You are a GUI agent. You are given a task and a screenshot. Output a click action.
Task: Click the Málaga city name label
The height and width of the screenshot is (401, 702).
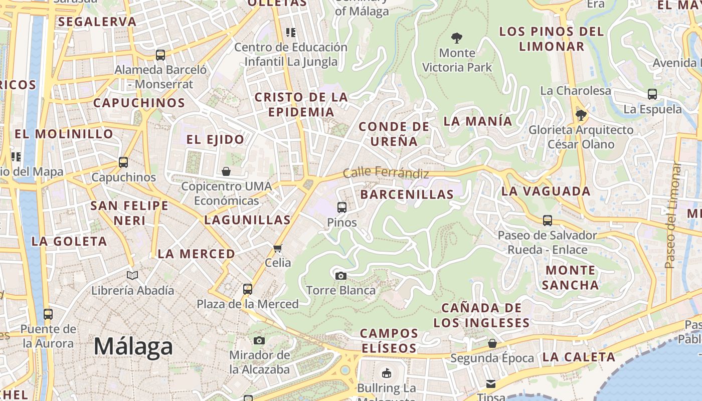pyautogui.click(x=133, y=346)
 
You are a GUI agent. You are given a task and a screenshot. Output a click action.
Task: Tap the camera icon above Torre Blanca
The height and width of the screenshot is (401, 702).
pyautogui.click(x=340, y=276)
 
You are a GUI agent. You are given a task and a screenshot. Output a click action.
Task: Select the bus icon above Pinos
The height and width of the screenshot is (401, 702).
pyautogui.click(x=342, y=207)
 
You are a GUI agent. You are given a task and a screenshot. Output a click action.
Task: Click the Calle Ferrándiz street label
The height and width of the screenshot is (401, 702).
pyautogui.click(x=386, y=173)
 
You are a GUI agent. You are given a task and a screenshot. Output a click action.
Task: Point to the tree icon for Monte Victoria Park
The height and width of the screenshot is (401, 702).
pyautogui.click(x=456, y=38)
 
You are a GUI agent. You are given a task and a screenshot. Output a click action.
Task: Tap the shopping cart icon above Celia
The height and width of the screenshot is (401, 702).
pyautogui.click(x=278, y=248)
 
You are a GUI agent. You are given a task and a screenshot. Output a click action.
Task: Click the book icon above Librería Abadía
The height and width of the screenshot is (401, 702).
pyautogui.click(x=132, y=275)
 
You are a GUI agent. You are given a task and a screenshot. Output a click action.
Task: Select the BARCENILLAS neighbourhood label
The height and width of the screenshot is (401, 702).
pyautogui.click(x=407, y=194)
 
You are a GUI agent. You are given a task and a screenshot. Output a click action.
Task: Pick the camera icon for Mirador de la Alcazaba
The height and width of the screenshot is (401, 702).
pyautogui.click(x=259, y=341)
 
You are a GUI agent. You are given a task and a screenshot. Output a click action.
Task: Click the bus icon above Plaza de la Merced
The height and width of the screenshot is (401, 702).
pyautogui.click(x=248, y=289)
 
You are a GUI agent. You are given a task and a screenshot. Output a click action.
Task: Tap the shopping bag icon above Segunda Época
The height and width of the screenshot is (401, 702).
pyautogui.click(x=492, y=343)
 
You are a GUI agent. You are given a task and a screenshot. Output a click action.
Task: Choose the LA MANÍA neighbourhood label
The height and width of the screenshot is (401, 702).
pyautogui.click(x=478, y=121)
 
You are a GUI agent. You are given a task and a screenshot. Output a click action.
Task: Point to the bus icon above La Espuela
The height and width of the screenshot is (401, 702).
pyautogui.click(x=652, y=94)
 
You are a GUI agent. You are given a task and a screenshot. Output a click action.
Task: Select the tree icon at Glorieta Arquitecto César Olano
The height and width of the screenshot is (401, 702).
pyautogui.click(x=581, y=116)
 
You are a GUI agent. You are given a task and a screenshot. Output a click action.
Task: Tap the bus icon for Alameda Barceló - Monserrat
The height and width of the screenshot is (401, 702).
pyautogui.click(x=160, y=55)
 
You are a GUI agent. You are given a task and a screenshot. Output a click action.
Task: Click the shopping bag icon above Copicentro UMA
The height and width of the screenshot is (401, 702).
pyautogui.click(x=226, y=171)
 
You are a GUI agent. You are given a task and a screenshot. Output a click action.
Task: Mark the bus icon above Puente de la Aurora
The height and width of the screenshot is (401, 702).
pyautogui.click(x=48, y=314)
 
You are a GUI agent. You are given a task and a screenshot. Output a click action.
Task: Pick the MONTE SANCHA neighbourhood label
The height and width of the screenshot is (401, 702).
pyautogui.click(x=571, y=278)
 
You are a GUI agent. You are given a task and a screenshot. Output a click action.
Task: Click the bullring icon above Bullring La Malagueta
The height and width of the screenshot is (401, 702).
pyautogui.click(x=387, y=373)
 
